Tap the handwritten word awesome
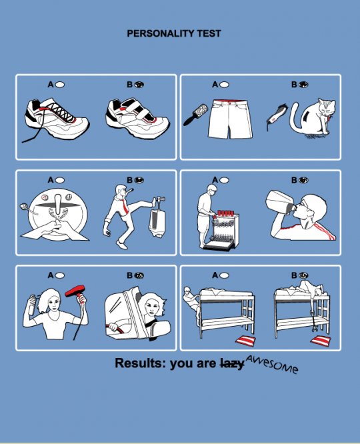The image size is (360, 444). pos(271,364)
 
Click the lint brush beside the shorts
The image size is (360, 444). pos(193,113)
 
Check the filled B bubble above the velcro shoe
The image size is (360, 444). pos(139,85)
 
